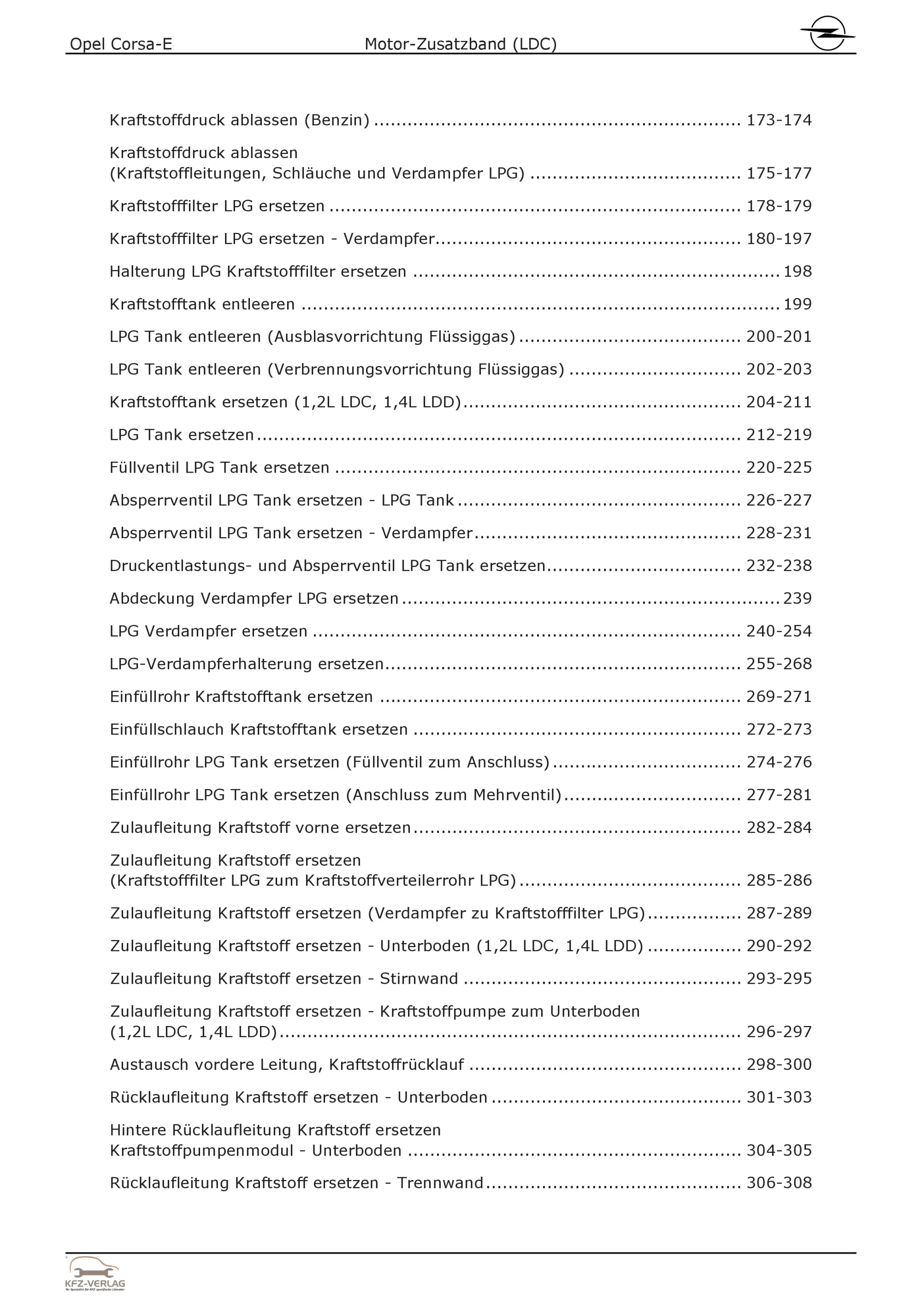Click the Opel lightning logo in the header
(x=827, y=33)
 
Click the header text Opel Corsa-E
(x=121, y=44)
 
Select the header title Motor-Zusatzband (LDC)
(x=460, y=44)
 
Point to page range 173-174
(x=778, y=120)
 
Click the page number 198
(x=797, y=272)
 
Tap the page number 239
(x=797, y=599)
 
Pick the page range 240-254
(x=778, y=631)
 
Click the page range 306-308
(x=778, y=1183)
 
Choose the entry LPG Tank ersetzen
(x=182, y=435)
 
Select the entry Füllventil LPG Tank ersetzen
(x=219, y=468)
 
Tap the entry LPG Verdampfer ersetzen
(x=208, y=631)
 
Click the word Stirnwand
(x=419, y=979)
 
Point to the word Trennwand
(x=440, y=1183)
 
